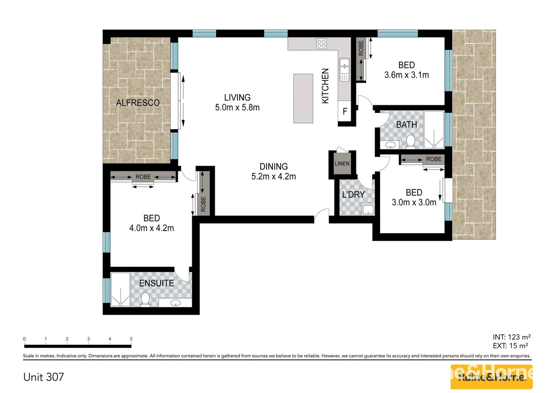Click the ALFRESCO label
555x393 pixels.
pyautogui.click(x=138, y=103)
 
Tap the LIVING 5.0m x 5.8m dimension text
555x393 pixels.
pyautogui.click(x=237, y=107)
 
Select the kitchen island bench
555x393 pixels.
pyautogui.click(x=303, y=98)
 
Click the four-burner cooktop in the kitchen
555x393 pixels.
pyautogui.click(x=321, y=44)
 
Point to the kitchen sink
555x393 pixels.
pyautogui.click(x=344, y=70)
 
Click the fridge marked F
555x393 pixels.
pyautogui.click(x=345, y=111)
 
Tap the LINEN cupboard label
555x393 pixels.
pyautogui.click(x=342, y=164)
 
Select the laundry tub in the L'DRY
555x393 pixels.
pyautogui.click(x=368, y=209)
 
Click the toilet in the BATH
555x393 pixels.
pyautogui.click(x=410, y=141)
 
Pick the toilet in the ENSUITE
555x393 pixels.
pyautogui.click(x=145, y=299)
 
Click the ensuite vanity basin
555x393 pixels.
pyautogui.click(x=175, y=303)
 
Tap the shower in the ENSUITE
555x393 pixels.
pyautogui.click(x=121, y=289)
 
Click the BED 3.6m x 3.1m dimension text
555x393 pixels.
pyautogui.click(x=406, y=75)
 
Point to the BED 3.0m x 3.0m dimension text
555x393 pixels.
pyautogui.click(x=414, y=202)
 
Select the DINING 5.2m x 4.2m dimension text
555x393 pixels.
pyautogui.click(x=273, y=176)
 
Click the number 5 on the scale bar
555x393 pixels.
pyautogui.click(x=131, y=339)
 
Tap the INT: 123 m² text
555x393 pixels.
pyautogui.click(x=512, y=337)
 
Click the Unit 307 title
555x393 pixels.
pyautogui.click(x=43, y=377)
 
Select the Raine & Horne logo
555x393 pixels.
pyautogui.click(x=491, y=377)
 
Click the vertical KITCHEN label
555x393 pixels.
pyautogui.click(x=325, y=86)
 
